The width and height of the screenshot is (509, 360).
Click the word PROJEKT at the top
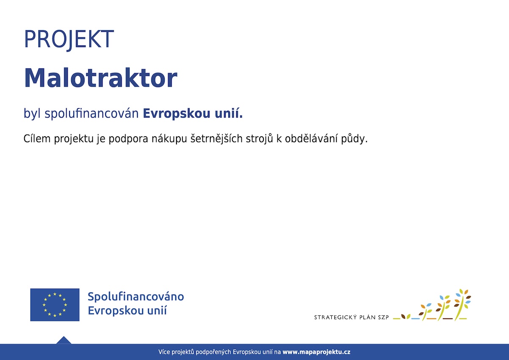69,39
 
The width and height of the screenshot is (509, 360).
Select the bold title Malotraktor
101,78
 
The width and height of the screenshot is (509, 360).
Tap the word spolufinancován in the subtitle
92,114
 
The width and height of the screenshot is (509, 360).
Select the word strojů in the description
259,139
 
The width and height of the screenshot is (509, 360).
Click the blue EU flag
55,305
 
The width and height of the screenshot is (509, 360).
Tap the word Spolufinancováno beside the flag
136,297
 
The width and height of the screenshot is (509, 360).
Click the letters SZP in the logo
383,318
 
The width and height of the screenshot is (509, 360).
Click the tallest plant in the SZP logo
462,305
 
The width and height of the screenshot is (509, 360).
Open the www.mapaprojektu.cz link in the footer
316,352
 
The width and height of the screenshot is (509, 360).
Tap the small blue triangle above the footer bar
64,340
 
